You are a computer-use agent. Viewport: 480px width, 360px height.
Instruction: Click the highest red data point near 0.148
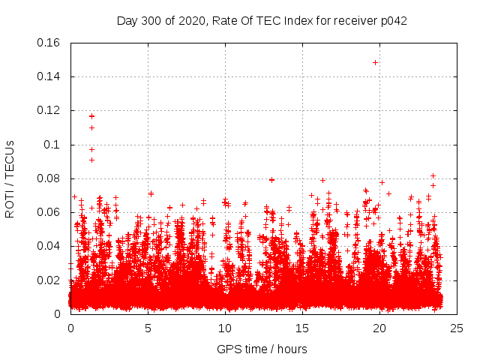pos(375,62)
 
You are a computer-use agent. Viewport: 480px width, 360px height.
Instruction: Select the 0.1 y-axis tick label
pos(52,145)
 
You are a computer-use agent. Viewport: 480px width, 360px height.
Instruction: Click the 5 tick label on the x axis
pos(148,328)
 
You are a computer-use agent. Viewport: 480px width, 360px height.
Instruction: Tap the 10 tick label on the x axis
pos(225,328)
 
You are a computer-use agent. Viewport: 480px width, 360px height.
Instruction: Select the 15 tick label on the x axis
pos(302,328)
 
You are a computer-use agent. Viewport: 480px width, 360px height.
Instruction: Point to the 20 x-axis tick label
pos(379,328)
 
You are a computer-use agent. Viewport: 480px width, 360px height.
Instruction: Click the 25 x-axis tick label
pos(457,328)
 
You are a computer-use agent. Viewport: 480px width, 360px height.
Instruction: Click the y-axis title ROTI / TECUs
pos(10,178)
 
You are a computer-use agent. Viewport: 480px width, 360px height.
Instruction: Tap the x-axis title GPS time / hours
pos(262,349)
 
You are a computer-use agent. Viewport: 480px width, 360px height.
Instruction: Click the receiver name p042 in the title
pos(393,20)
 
